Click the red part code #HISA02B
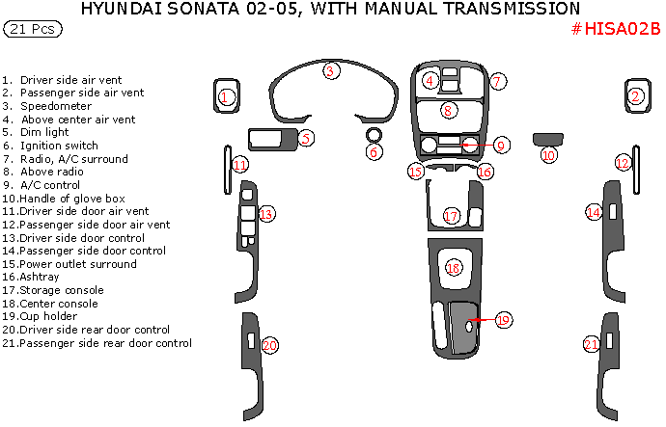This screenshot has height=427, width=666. click(616, 29)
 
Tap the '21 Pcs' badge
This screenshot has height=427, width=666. click(32, 30)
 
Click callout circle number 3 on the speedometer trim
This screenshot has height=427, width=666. click(330, 70)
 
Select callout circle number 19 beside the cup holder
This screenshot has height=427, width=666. click(502, 319)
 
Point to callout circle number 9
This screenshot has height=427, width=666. click(502, 145)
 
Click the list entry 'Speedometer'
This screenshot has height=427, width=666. click(62, 106)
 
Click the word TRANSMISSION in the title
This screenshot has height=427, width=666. click(505, 9)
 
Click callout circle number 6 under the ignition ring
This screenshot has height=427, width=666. click(374, 152)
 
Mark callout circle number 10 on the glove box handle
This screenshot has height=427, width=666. click(549, 154)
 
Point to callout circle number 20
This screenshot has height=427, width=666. click(270, 344)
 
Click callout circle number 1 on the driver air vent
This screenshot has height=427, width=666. click(224, 96)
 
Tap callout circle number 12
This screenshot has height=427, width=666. click(624, 162)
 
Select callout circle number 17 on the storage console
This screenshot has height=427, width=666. click(451, 215)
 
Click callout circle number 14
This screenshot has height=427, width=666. click(595, 212)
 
